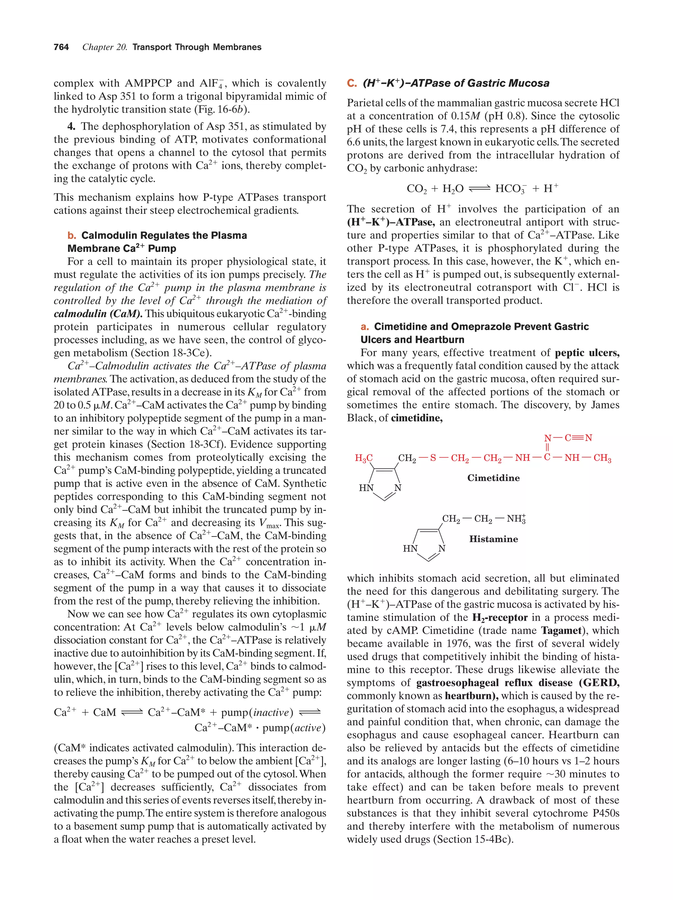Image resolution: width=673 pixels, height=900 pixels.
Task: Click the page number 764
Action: (x=61, y=47)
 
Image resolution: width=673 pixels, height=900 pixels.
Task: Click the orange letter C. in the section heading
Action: (x=351, y=83)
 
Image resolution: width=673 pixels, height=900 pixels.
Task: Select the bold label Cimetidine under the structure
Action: (x=493, y=478)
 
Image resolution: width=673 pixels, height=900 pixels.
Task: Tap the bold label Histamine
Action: (x=493, y=539)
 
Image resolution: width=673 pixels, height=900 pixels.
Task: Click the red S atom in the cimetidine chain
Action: (x=433, y=458)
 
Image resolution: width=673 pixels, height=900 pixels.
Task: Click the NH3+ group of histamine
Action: (x=516, y=519)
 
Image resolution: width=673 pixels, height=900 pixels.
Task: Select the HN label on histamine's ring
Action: (x=410, y=548)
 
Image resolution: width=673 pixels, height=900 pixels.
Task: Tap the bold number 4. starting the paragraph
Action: (x=72, y=126)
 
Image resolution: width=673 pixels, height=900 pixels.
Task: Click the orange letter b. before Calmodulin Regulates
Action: (x=72, y=235)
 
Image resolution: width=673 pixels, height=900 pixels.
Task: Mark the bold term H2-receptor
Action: (x=499, y=618)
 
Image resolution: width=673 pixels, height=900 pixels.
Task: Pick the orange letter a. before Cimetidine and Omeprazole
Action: (x=365, y=327)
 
